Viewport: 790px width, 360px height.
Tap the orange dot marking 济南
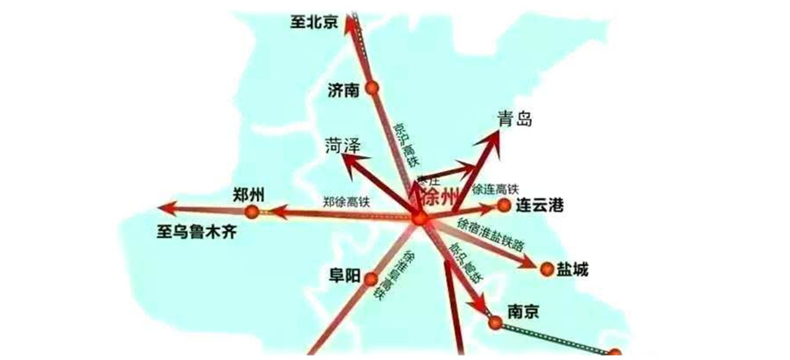(372, 88)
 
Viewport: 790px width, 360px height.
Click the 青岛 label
(514, 119)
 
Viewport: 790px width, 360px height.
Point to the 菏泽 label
(343, 145)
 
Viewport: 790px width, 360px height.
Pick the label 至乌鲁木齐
(198, 234)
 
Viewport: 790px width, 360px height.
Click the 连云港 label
(538, 206)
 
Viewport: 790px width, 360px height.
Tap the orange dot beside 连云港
(503, 205)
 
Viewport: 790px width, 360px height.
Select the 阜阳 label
(341, 276)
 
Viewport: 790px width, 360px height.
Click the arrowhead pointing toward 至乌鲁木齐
(166, 208)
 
